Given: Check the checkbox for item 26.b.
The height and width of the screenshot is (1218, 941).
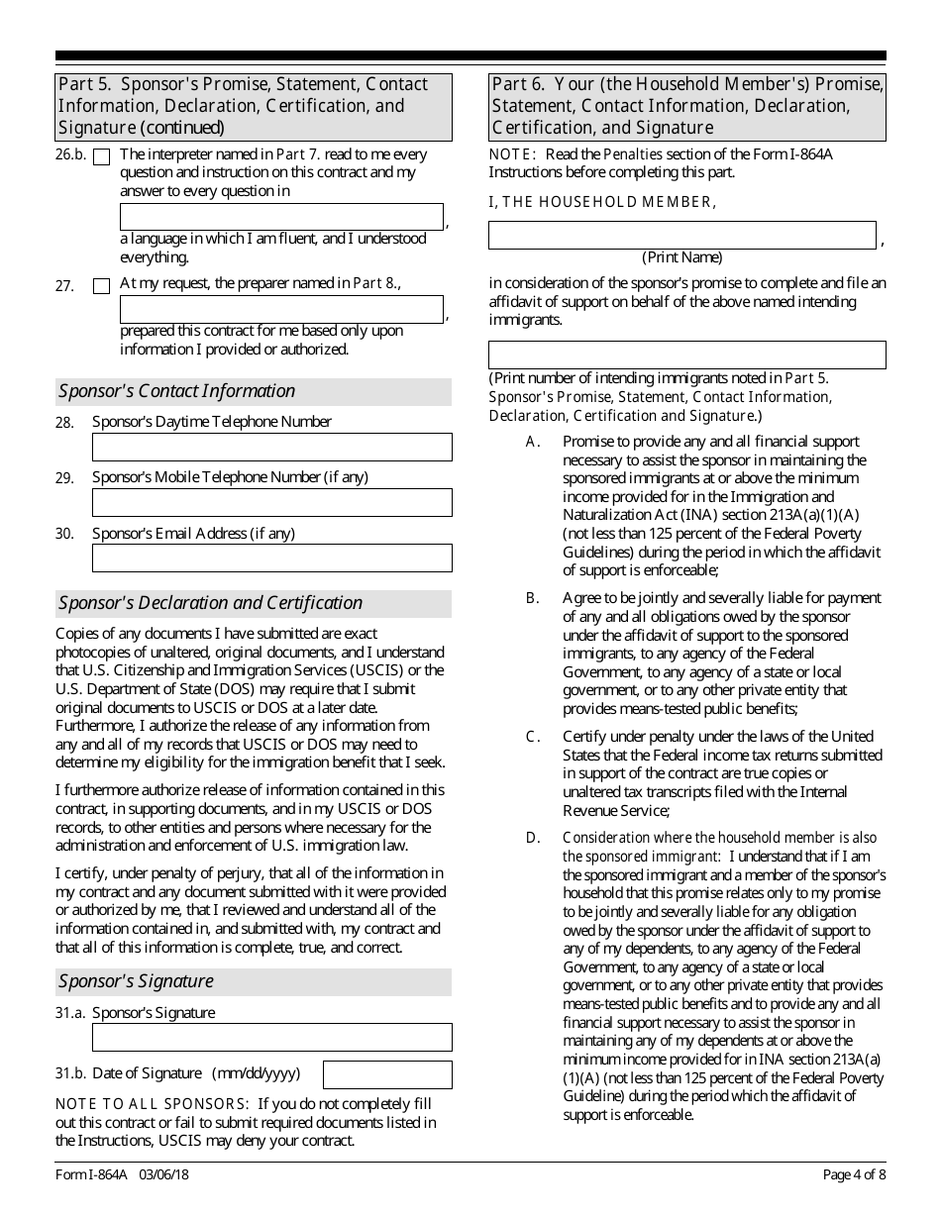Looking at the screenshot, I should pos(101,156).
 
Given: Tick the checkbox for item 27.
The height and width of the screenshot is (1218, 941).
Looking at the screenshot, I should pos(101,286).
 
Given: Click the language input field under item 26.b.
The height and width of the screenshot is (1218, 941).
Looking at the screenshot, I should pos(281,217).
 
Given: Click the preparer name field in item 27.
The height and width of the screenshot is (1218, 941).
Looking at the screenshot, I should pos(281,309).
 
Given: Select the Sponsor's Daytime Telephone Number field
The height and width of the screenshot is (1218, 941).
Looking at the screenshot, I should pos(271,447).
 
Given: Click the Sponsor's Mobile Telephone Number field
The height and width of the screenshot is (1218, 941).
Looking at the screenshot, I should pos(271,502).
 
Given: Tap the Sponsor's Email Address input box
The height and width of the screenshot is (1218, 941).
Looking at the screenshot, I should pos(271,558).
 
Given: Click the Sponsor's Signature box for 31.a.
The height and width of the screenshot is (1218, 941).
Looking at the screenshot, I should pos(271,1037).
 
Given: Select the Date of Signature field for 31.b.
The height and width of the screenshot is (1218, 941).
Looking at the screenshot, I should pos(387,1074).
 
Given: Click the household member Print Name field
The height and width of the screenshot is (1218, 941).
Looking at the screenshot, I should pos(681,235).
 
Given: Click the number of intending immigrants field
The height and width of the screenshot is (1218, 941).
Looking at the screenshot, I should pos(686,355).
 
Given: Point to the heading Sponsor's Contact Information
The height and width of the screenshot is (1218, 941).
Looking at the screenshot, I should pos(177,391).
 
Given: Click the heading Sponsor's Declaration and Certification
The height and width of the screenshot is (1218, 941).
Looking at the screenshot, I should pos(211,603).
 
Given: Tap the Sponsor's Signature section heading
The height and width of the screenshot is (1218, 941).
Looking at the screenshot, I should pos(137,981).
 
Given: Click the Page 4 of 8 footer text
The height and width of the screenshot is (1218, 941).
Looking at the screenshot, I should pos(854,1175).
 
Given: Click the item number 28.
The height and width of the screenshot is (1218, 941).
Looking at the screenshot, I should pos(64,423).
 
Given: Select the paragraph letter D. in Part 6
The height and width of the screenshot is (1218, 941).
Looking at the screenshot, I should pos(533,838).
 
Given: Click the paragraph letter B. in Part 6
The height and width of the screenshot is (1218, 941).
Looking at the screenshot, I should pos(533,598).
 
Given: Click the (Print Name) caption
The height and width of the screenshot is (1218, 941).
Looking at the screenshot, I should pos(681,257).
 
